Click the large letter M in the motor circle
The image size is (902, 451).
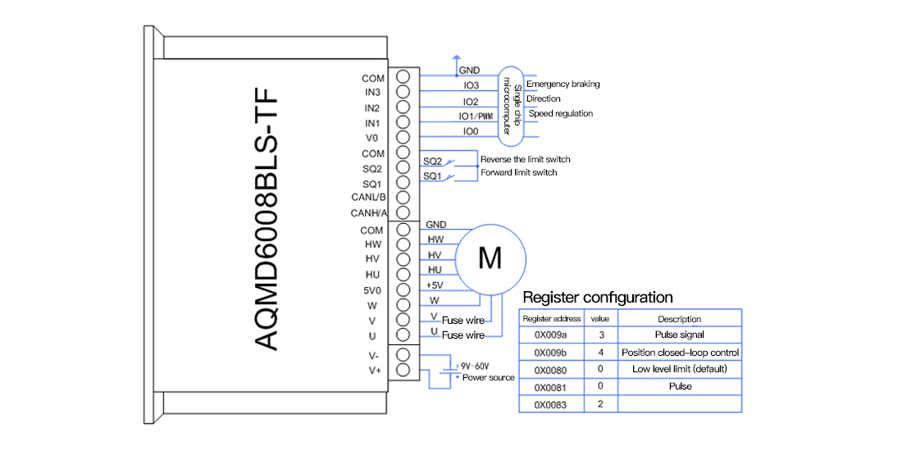[490, 258]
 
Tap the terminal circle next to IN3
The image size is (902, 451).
[403, 92]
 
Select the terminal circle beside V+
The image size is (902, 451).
[403, 370]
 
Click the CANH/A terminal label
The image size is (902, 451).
[369, 213]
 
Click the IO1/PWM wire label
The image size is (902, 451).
[475, 116]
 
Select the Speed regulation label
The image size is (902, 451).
[560, 114]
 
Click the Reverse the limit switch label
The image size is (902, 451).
[525, 159]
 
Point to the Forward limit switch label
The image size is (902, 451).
[518, 172]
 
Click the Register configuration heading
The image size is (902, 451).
[597, 298]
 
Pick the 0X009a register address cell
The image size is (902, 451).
[551, 335]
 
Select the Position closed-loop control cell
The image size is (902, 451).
[680, 352]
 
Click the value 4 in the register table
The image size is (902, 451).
[600, 352]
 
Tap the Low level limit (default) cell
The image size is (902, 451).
[680, 369]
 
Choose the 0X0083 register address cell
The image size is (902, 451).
[551, 405]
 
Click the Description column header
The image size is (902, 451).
[680, 319]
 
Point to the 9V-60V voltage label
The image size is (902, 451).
[475, 365]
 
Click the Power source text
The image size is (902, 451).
[489, 377]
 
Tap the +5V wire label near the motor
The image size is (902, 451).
[435, 285]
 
